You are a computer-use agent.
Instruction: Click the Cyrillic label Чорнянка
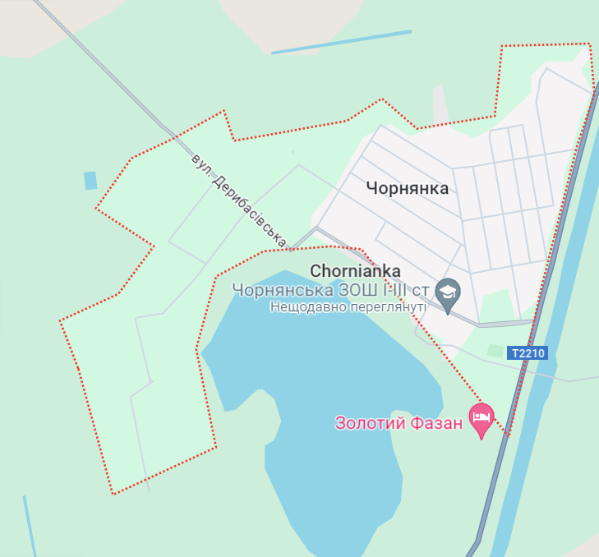click(x=408, y=188)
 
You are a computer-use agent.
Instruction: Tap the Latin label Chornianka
click(x=355, y=270)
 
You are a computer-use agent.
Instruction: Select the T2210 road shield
click(x=527, y=353)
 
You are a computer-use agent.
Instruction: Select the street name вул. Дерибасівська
click(x=237, y=200)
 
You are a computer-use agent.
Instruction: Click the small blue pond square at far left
click(x=90, y=180)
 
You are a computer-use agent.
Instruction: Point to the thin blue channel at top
click(x=341, y=42)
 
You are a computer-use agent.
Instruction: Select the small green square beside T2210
click(x=494, y=351)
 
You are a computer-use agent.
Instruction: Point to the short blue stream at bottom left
click(x=30, y=526)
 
